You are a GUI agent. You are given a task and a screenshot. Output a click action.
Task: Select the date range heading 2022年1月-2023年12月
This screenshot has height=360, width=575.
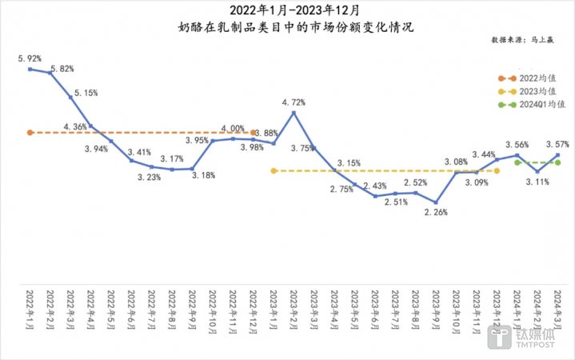click(x=288, y=10)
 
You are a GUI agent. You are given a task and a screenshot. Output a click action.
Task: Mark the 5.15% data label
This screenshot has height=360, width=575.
click(x=86, y=93)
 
